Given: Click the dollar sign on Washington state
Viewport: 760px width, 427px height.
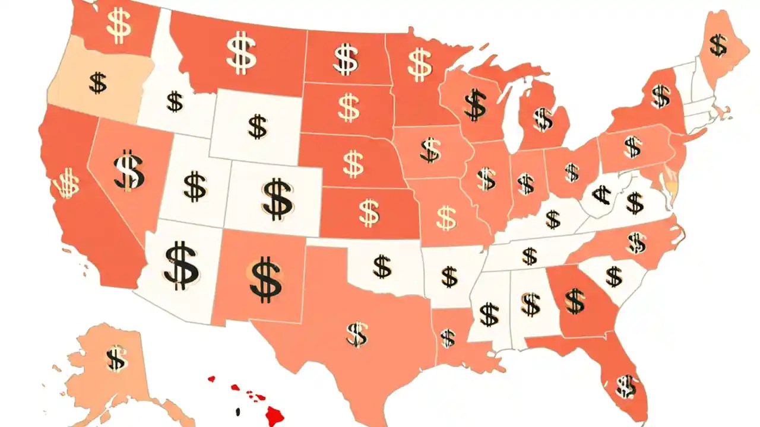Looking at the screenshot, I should click(x=119, y=24).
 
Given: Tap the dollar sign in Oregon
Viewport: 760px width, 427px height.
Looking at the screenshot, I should click(x=98, y=83).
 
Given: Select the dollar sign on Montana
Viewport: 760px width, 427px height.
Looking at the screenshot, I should click(x=242, y=53).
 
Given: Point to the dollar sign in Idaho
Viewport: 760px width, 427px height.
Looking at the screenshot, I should click(x=175, y=101).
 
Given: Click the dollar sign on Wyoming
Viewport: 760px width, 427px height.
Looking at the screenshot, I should click(x=257, y=127).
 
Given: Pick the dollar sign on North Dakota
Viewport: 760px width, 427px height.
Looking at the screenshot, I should click(x=346, y=59).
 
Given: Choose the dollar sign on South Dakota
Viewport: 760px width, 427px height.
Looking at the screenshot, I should click(x=349, y=107).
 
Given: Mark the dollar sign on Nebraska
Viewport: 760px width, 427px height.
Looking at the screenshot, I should click(x=353, y=163).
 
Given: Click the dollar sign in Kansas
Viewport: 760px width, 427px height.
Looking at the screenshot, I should click(x=369, y=212).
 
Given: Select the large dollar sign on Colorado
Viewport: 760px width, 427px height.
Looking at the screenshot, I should click(x=277, y=199).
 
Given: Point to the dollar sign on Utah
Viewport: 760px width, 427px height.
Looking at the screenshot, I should click(x=195, y=186).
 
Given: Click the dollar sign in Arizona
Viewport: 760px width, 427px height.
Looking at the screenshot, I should click(x=181, y=265).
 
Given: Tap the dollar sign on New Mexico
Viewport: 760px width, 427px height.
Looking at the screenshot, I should click(x=265, y=279).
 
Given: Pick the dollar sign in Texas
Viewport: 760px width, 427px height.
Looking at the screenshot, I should click(x=357, y=334).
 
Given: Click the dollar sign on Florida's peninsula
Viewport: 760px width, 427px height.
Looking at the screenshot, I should click(x=625, y=387).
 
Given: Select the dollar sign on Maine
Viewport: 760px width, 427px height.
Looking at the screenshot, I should click(x=718, y=45).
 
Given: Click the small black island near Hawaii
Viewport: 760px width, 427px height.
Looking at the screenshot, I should click(x=237, y=411).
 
